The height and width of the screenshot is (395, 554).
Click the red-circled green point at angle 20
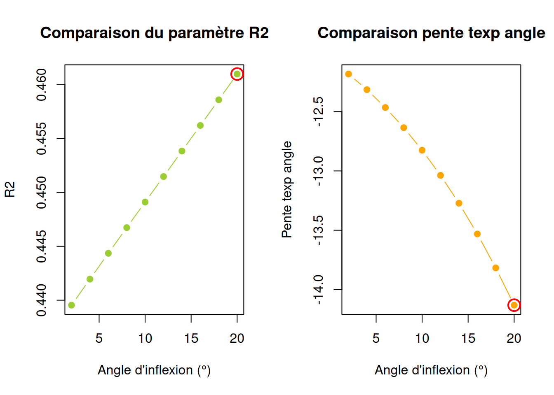237,74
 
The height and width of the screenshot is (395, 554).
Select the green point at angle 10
145,202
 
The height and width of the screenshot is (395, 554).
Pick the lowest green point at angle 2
71,305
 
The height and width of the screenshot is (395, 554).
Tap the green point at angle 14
182,151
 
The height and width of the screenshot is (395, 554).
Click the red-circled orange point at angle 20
514,305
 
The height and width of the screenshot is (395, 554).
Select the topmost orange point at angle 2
348,74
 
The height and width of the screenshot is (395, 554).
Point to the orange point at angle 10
422,150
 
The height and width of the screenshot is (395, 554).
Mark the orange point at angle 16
477,234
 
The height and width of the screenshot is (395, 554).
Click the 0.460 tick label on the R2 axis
42,85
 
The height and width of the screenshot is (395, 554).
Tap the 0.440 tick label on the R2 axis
42,300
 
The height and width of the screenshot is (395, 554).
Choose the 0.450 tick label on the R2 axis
42,193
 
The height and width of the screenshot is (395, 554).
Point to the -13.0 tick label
319,171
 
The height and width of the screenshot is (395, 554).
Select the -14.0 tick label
319,290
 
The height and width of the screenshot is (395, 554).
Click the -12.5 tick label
319,112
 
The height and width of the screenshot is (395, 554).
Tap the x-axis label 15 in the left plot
191,339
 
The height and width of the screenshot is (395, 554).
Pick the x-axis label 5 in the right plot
376,339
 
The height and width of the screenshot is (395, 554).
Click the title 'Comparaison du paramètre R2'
155,33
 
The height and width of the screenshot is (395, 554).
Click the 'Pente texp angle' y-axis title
287,190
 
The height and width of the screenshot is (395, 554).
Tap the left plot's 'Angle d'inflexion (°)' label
154,370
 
